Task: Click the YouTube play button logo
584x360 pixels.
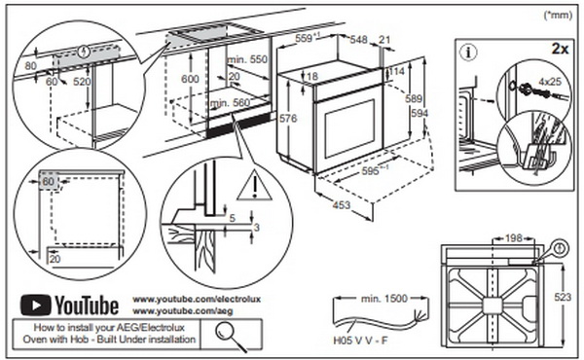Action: [x=35, y=306]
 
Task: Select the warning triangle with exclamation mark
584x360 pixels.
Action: [x=255, y=185]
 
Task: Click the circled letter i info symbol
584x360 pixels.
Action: [x=468, y=53]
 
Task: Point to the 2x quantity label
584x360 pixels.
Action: [x=560, y=49]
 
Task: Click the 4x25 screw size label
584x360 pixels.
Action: [x=550, y=81]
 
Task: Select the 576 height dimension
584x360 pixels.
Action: [x=288, y=119]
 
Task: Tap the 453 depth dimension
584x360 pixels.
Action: [x=342, y=204]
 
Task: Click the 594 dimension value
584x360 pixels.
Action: [x=420, y=113]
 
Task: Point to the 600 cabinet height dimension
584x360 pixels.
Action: [x=190, y=79]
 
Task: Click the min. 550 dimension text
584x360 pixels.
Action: [x=247, y=59]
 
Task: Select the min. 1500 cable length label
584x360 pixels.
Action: [x=384, y=298]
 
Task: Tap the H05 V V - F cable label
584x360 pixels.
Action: [x=360, y=341]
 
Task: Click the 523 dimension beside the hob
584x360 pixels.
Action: [x=563, y=297]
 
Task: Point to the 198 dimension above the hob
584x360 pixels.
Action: [x=514, y=237]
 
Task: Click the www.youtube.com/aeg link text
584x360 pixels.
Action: [x=183, y=310]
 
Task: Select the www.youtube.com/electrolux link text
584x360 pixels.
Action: [x=197, y=299]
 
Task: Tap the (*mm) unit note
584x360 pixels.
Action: [x=558, y=15]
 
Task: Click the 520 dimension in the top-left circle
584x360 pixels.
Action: [x=82, y=81]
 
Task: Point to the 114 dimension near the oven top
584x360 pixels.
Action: [x=397, y=71]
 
